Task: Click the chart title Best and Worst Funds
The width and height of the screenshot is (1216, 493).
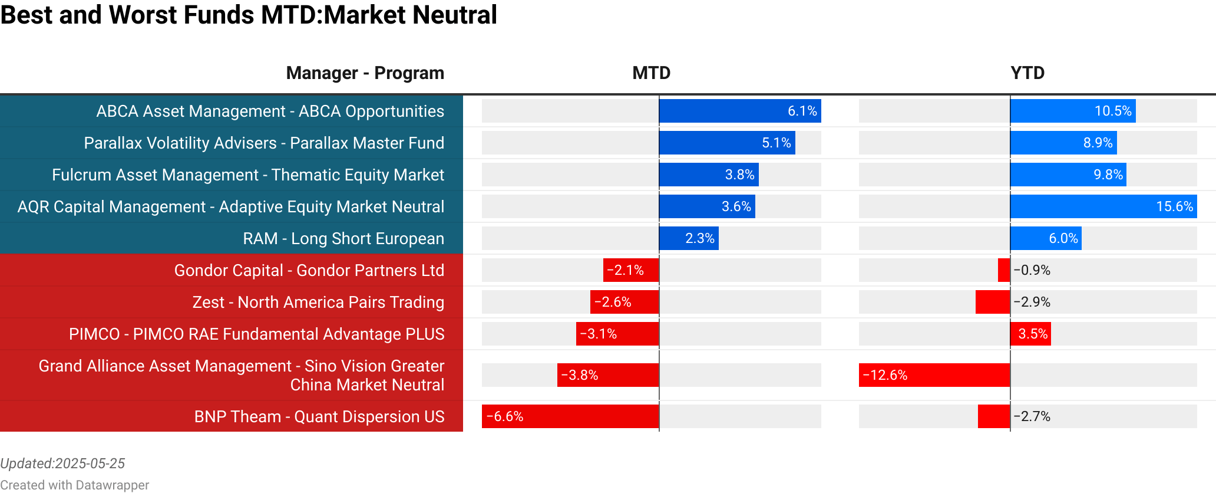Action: (249, 15)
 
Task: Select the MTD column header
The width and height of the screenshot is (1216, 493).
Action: (651, 73)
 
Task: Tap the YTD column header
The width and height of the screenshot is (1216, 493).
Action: (1027, 73)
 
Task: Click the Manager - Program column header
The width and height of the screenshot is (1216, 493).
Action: (365, 73)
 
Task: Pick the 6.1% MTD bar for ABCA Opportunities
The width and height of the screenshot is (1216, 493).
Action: (739, 111)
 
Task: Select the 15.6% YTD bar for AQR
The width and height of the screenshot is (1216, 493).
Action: (1103, 207)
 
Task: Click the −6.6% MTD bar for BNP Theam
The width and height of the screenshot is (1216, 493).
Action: (570, 416)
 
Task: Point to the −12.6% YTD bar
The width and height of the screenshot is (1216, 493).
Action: (934, 375)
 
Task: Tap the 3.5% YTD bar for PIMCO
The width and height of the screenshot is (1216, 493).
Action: (1030, 334)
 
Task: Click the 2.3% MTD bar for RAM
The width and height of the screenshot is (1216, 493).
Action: (689, 239)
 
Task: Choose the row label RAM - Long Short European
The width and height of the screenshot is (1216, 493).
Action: (343, 239)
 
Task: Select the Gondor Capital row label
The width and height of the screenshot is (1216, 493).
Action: (309, 271)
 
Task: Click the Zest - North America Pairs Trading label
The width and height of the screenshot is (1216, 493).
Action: (318, 303)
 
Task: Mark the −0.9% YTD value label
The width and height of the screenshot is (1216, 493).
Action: (1032, 271)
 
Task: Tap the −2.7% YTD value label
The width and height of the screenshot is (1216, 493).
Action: (1032, 416)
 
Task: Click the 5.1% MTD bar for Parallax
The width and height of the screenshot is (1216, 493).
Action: (727, 143)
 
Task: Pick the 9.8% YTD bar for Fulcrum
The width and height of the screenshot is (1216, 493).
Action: (1068, 175)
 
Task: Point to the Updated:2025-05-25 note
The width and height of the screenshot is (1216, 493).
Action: (62, 464)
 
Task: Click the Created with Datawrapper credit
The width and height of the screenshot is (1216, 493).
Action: (74, 485)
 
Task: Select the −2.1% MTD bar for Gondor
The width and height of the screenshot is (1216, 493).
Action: (630, 271)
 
